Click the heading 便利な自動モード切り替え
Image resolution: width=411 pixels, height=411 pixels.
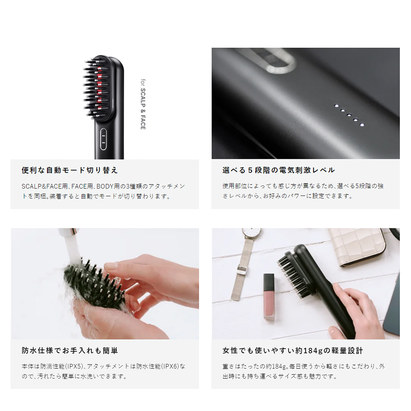[x=70, y=170]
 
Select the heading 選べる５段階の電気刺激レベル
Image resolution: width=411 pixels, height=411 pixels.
[x=279, y=170]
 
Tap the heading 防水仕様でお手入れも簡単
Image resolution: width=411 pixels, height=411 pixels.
[x=70, y=350]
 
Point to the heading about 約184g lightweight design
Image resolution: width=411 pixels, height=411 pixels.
[x=293, y=350]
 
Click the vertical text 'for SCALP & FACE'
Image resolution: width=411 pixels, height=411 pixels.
[x=143, y=104]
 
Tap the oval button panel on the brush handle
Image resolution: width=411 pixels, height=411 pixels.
[x=103, y=139]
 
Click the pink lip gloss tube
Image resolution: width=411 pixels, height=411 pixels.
[x=269, y=296]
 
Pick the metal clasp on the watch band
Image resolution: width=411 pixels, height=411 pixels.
[x=241, y=270]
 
